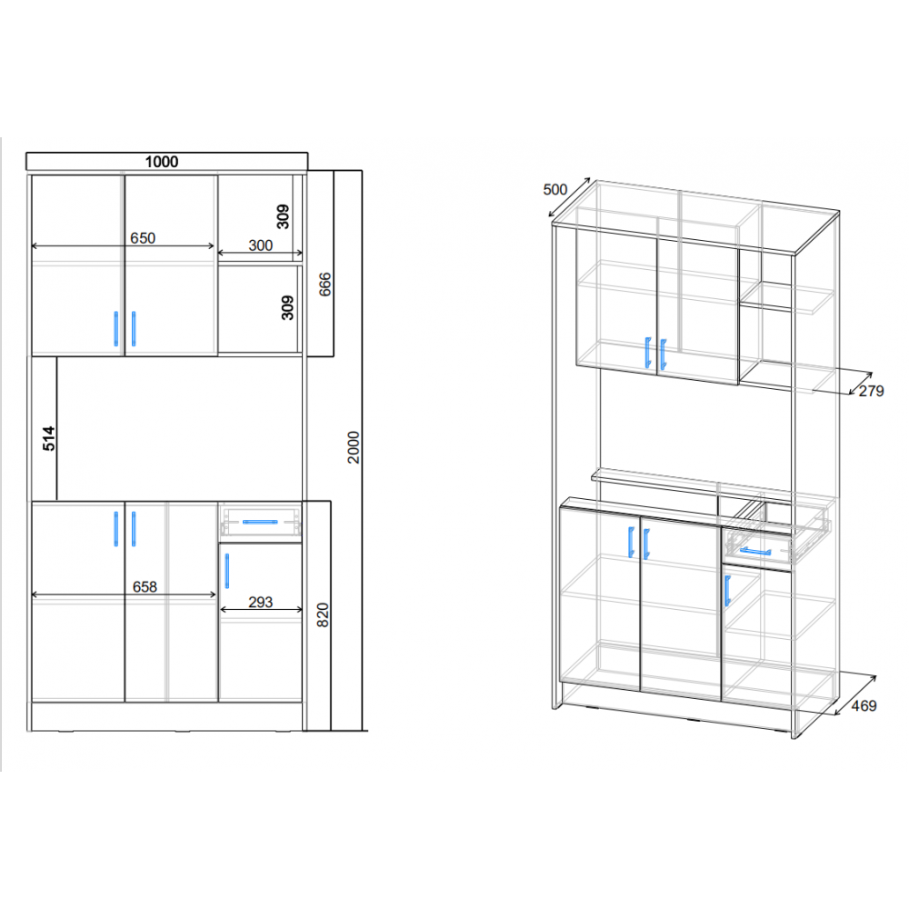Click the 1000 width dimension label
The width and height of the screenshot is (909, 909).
pos(161,162)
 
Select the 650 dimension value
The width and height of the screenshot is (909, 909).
pos(143,238)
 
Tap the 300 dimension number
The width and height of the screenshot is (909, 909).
pos(260,245)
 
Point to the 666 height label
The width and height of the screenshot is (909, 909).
pos(325,284)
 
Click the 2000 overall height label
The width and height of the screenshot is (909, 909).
pos(354,447)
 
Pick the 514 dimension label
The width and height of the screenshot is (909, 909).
pos(49,438)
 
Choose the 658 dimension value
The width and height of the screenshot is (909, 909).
pos(145,586)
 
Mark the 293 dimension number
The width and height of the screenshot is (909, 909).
pos(260,603)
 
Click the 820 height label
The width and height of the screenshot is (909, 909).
pos(323,614)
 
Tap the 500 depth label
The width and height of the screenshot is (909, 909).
pos(554,190)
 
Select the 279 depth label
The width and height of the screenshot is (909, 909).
pos(872,391)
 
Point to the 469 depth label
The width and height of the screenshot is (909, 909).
pos(864,705)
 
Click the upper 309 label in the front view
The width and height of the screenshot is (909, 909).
pos(283,216)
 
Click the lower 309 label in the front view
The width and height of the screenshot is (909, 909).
pos(287,307)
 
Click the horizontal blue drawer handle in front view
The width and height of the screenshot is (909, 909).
pos(260,522)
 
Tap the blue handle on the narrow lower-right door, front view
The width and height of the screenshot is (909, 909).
pos(226,571)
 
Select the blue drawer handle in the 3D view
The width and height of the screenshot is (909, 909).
pos(755,551)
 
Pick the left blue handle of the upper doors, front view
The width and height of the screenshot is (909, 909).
pos(116,329)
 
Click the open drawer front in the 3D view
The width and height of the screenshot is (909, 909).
pos(757,549)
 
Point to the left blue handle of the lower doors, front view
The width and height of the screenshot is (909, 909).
pos(116,529)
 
